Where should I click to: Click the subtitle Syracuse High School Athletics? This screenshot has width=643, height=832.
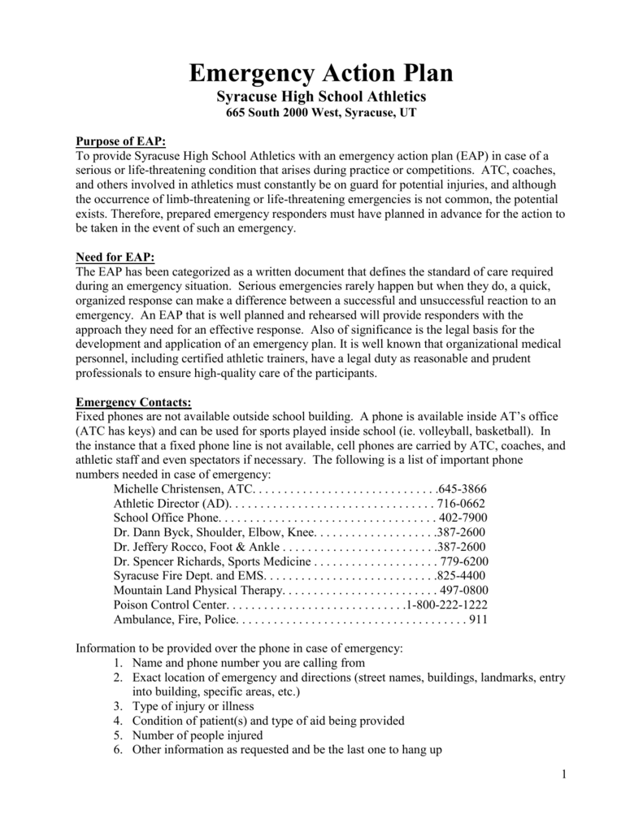(x=321, y=97)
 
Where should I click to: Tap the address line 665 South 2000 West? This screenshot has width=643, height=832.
(x=321, y=114)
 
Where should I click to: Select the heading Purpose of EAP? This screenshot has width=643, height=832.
(x=120, y=141)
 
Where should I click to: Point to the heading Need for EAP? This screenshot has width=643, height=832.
(x=115, y=258)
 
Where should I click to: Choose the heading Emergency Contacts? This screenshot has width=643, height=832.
(x=133, y=402)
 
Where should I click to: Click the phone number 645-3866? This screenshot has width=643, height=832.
(x=462, y=489)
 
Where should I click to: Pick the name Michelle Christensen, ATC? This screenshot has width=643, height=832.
(x=184, y=489)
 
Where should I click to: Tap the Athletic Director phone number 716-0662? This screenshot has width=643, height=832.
(x=463, y=504)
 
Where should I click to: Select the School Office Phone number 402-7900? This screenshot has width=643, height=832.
(x=463, y=518)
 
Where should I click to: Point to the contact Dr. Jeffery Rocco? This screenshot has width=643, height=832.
(x=159, y=547)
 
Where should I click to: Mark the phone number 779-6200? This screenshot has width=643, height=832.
(x=463, y=561)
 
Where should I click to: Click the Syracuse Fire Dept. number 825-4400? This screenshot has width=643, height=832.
(x=462, y=576)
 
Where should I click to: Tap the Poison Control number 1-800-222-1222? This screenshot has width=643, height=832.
(x=447, y=605)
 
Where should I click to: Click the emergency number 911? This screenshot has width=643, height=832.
(x=478, y=620)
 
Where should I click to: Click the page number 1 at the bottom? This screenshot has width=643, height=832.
(x=563, y=774)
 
